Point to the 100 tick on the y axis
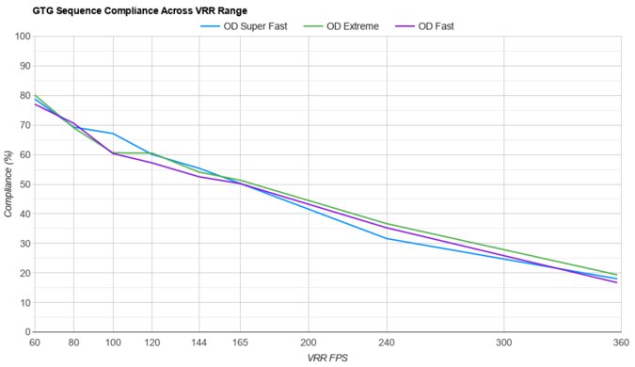click(20, 37)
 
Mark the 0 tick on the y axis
click(25, 332)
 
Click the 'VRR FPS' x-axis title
click(326, 359)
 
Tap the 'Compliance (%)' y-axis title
click(8, 184)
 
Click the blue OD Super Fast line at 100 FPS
click(113, 134)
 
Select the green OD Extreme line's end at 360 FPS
click(617, 275)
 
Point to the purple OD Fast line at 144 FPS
click(198, 177)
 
